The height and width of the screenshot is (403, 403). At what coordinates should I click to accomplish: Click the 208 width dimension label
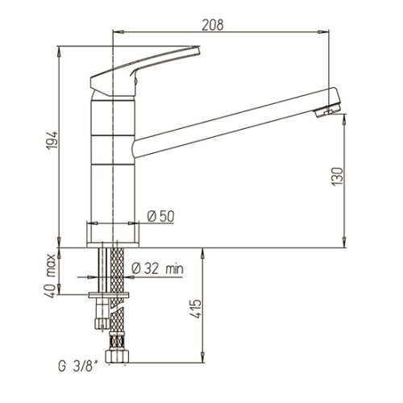[x=213, y=25]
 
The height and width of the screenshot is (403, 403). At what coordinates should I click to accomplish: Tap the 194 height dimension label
[x=52, y=140]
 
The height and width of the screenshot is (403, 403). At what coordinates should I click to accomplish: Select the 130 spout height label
[x=338, y=177]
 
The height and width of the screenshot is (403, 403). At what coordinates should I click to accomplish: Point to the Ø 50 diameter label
[x=160, y=216]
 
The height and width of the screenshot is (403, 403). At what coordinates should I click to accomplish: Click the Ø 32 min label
[x=158, y=268]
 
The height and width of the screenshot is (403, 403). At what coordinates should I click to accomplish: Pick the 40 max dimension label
[x=50, y=276]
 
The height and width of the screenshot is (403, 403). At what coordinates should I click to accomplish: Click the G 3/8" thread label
[x=78, y=367]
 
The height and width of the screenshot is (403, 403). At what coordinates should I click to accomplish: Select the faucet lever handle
[x=145, y=71]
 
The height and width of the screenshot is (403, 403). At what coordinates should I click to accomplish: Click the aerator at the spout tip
[x=327, y=110]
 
